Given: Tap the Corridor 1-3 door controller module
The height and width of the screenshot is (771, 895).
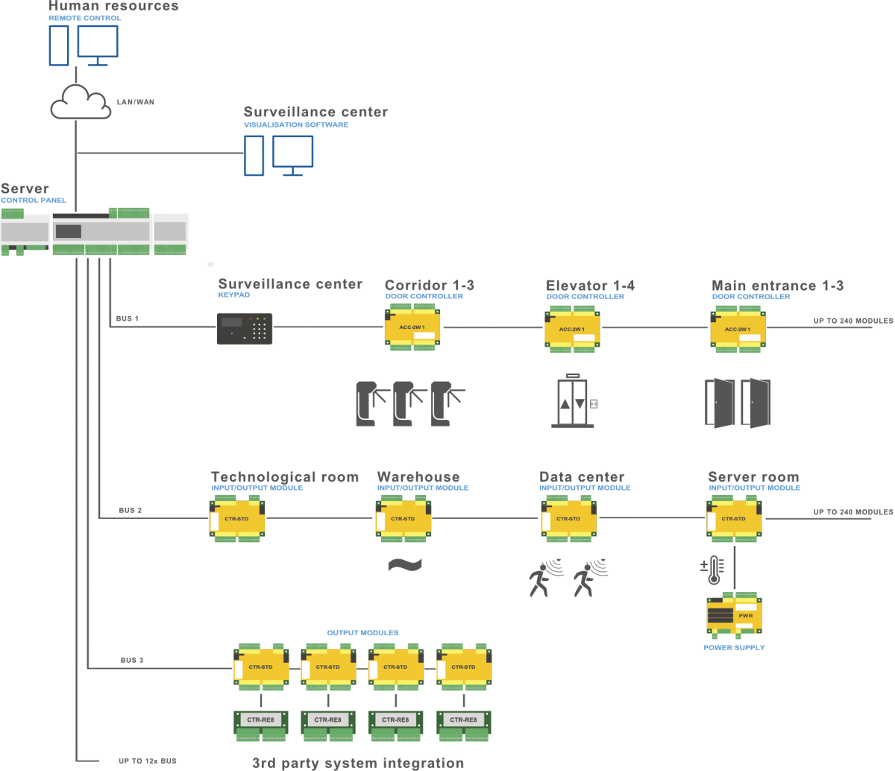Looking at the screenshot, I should pos(412,327).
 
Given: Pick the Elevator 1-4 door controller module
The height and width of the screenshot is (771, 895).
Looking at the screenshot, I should pos(572,327).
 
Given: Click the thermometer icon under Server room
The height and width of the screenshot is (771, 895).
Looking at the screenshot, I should pos(713,570).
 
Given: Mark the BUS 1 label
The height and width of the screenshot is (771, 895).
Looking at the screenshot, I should pos(128,318).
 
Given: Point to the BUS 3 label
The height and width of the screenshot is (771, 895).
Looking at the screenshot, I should pos(132,660).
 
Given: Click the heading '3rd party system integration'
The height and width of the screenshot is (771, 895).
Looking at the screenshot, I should pos(358,763).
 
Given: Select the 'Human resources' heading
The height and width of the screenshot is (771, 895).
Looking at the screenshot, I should pos(114,7).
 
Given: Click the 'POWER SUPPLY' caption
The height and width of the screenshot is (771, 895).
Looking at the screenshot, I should pos(734,648).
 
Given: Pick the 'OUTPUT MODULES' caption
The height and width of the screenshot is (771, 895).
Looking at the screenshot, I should pos(362,633).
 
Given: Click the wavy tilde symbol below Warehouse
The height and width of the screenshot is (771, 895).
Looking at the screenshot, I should pos(405,565).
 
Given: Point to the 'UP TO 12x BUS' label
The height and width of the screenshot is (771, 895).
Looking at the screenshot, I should pos(147,761).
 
